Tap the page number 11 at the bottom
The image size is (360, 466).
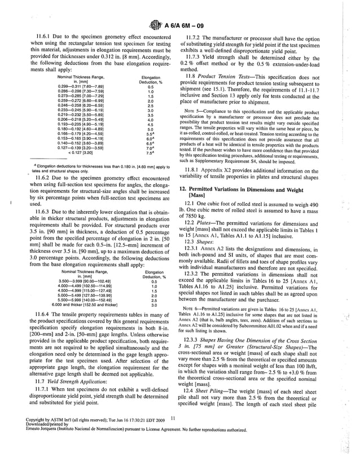[x=173, y=450]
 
